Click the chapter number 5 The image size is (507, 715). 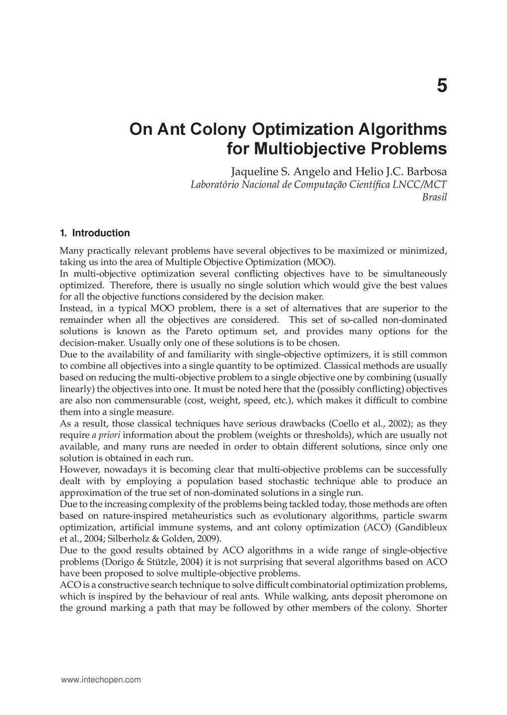click(x=441, y=86)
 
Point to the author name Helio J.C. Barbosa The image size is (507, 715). click(x=400, y=172)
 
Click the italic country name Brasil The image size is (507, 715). click(x=435, y=197)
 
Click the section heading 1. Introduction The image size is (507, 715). click(x=95, y=233)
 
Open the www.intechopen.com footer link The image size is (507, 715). click(x=101, y=680)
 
